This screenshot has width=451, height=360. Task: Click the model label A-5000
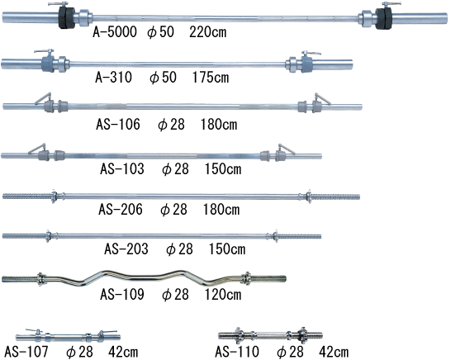115,31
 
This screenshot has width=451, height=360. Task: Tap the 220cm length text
207,31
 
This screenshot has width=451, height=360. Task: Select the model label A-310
114,77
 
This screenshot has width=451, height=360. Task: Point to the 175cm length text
211,77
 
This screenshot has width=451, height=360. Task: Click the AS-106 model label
118,125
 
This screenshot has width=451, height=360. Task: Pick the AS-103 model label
122,168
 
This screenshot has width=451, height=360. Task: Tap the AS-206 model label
121,210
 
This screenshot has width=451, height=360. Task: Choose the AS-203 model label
126,249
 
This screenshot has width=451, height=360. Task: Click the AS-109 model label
122,295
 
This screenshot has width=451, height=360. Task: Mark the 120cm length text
223,295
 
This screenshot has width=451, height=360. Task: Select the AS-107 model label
26,352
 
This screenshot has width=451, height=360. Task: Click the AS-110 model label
237,352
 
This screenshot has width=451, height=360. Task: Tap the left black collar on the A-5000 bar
66,17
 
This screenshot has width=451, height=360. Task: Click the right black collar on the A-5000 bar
384,18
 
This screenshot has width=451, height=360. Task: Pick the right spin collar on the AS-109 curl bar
246,278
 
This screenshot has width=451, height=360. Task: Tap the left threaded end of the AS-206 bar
27,197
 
